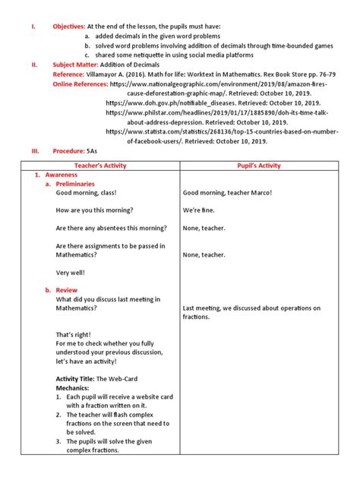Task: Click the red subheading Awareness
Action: point(62,175)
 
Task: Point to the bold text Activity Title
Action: point(77,379)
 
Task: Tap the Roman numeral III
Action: point(35,151)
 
